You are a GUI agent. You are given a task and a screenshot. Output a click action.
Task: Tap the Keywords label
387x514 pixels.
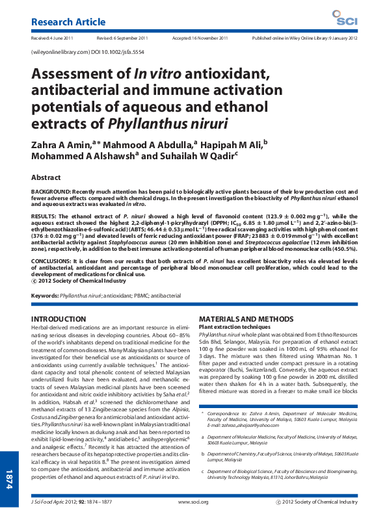pos(44,295)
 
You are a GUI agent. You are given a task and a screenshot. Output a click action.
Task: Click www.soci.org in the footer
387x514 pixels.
pos(193,502)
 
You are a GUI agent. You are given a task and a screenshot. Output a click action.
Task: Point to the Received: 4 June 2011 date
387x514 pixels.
pos(52,38)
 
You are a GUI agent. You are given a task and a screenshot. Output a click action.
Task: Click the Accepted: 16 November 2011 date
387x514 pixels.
pos(200,38)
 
